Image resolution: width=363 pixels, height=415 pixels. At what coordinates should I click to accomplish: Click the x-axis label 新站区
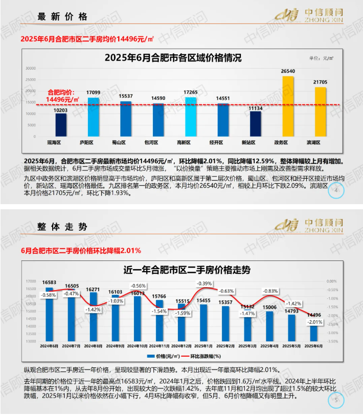point(255,142)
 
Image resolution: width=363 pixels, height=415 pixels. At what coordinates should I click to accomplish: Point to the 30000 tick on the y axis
point(30,68)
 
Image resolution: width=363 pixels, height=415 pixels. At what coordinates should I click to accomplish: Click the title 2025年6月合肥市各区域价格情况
point(173,58)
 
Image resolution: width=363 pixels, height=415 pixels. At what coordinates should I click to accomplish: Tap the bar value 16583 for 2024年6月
point(50,282)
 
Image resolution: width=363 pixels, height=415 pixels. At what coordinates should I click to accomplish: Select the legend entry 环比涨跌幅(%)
point(203,356)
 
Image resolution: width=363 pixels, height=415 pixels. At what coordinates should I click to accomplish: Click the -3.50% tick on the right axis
point(331,341)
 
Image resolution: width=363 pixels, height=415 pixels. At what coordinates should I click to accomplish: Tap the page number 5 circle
point(335,400)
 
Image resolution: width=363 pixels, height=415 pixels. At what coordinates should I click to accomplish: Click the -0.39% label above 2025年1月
point(205,283)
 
